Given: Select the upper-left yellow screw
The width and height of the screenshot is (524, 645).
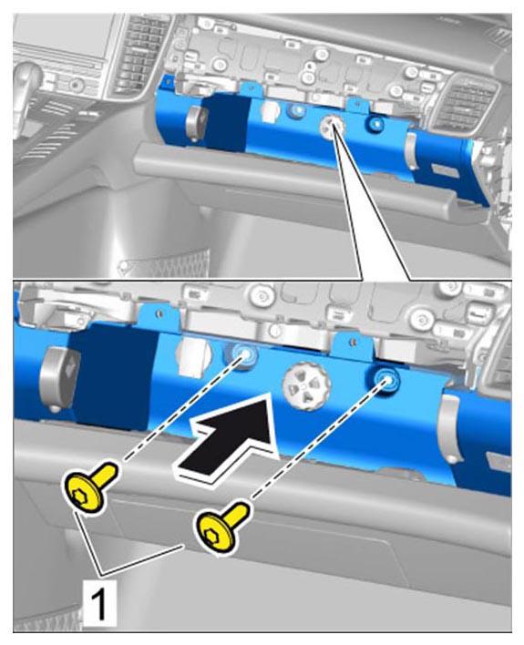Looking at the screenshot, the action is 88,486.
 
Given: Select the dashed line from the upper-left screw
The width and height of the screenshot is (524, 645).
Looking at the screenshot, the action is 181,409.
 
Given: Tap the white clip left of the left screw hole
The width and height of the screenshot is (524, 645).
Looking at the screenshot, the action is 193,356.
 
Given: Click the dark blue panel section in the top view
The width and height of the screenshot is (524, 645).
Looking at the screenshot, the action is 226,122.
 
